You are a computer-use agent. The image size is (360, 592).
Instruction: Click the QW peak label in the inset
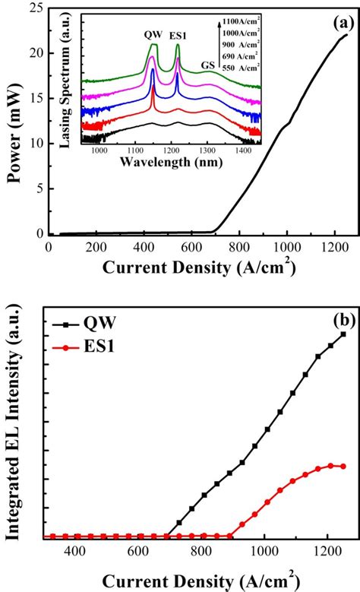click(153, 34)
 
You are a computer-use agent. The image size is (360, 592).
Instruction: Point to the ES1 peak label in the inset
click(178, 35)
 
